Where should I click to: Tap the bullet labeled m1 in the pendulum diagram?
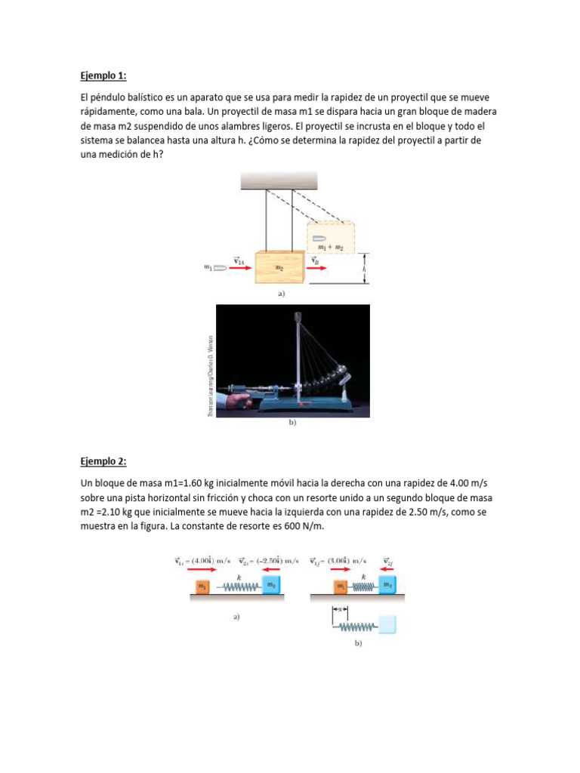click(220, 267)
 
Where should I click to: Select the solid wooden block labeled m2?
click(279, 267)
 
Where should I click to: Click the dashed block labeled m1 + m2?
click(331, 236)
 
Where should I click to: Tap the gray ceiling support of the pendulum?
click(279, 180)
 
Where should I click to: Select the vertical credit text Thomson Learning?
click(211, 375)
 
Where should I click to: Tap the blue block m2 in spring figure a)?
click(270, 586)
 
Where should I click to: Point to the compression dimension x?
click(341, 610)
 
